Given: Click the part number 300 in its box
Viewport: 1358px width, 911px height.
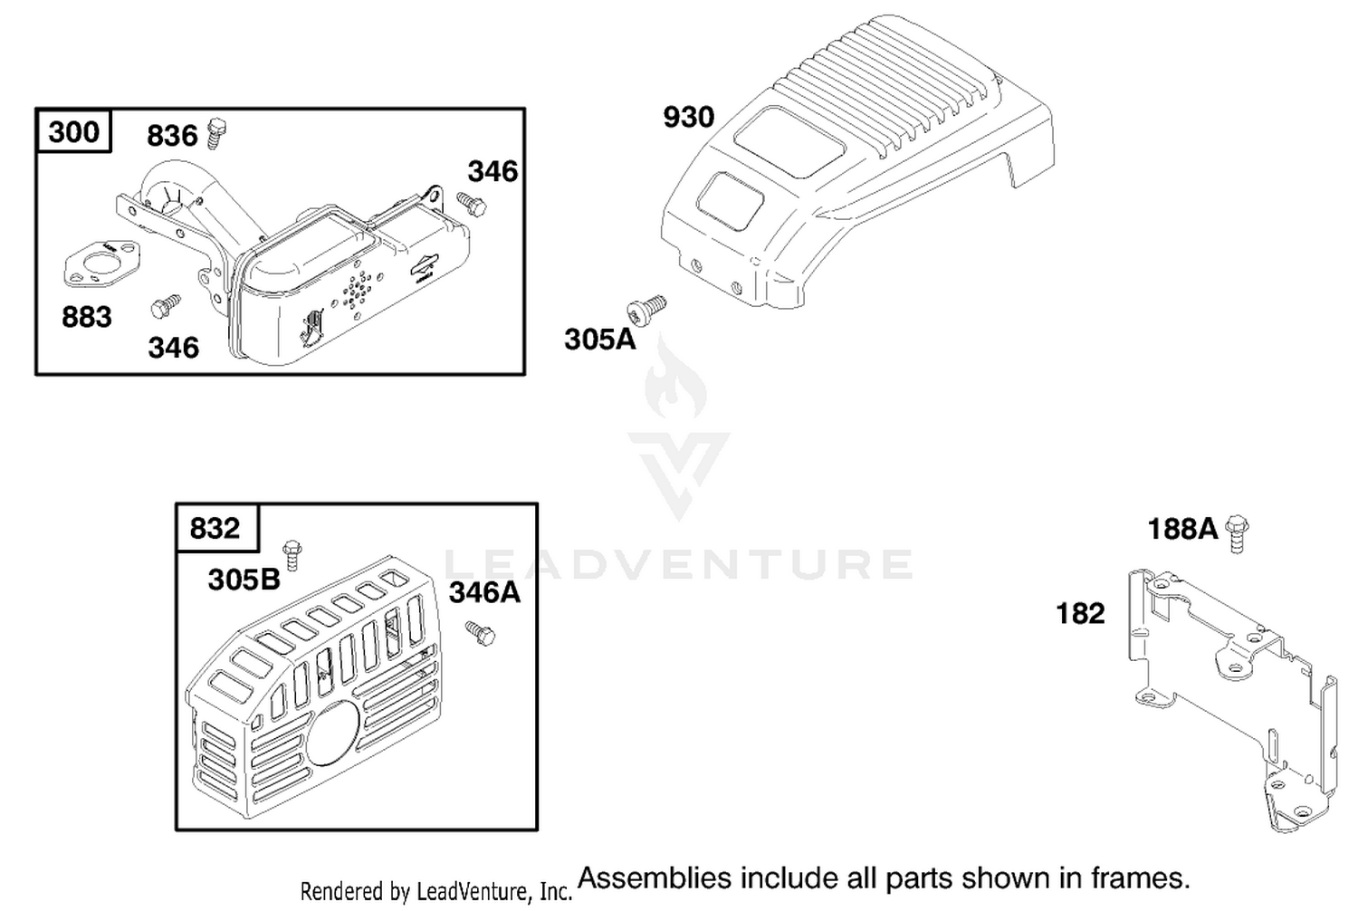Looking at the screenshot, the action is (73, 131).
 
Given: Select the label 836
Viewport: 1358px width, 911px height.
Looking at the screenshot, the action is (172, 135).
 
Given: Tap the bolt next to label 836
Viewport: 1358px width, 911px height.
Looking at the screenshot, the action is (215, 133).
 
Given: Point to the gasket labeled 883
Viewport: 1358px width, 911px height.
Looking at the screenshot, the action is (102, 264).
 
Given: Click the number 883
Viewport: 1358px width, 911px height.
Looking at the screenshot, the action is (87, 317).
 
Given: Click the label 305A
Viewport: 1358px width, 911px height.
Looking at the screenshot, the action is (600, 339).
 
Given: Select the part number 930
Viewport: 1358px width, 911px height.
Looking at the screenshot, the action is (689, 117).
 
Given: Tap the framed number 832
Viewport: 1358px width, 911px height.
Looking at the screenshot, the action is (215, 528).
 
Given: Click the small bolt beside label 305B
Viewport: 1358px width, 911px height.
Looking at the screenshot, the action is (292, 555).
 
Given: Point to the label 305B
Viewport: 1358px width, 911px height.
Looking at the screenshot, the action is (244, 580).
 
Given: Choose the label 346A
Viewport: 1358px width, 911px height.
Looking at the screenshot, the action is (484, 592).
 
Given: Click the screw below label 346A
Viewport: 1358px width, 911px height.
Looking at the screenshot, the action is (480, 633).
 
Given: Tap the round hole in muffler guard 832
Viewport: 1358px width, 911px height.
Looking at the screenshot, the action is (333, 732).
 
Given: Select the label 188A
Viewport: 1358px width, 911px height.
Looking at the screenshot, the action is (1182, 529).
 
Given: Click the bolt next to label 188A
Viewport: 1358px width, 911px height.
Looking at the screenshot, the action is (1237, 533).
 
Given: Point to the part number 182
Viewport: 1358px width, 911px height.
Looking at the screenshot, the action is (1080, 613).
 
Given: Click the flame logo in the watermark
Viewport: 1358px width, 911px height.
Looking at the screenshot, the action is (676, 379).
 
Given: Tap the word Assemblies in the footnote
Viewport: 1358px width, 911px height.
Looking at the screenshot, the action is (655, 877).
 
